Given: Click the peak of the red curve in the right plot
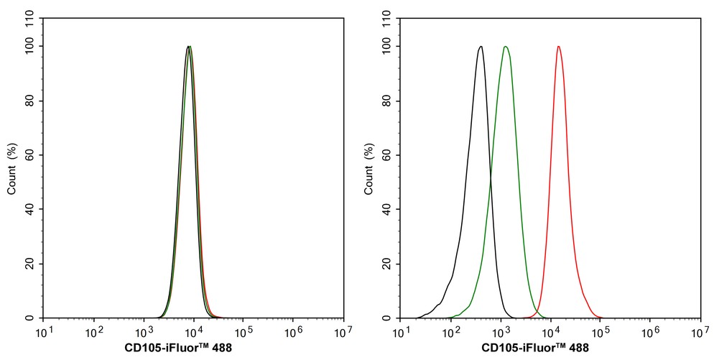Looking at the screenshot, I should tap(558, 47).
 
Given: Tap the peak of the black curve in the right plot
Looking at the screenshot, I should tap(481, 47).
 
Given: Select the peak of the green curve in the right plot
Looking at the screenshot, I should tap(506, 47).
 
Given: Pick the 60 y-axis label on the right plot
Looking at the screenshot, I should tap(387, 155).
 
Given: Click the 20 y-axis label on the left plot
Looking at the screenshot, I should tap(30, 264).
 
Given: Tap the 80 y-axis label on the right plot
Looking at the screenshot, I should tap(387, 101).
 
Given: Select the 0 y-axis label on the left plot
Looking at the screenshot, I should tap(30, 318).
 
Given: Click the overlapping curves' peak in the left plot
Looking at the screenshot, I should tap(189, 47).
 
